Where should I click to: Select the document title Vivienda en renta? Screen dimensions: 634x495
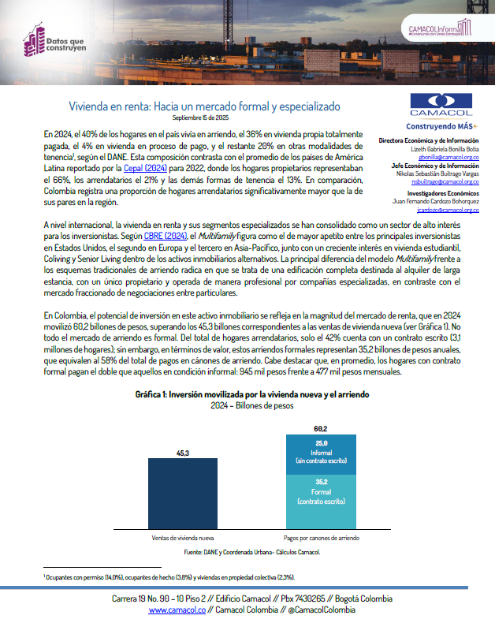[x=203, y=105]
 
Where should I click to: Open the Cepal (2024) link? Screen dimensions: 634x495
[x=143, y=168]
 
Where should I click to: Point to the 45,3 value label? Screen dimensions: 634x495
[x=183, y=452]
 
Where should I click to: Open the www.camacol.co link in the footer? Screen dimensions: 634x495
[x=177, y=610]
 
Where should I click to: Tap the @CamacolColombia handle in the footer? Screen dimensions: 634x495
[x=312, y=610]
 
